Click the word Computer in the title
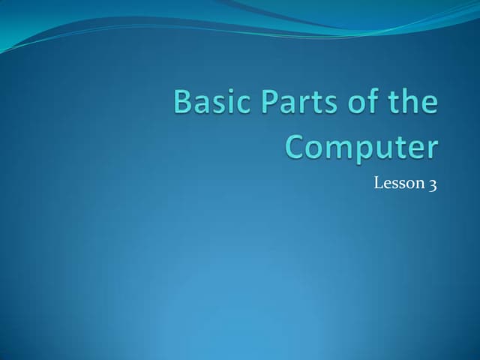[x=361, y=147]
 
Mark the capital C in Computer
[x=297, y=146]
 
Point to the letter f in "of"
[x=367, y=101]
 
